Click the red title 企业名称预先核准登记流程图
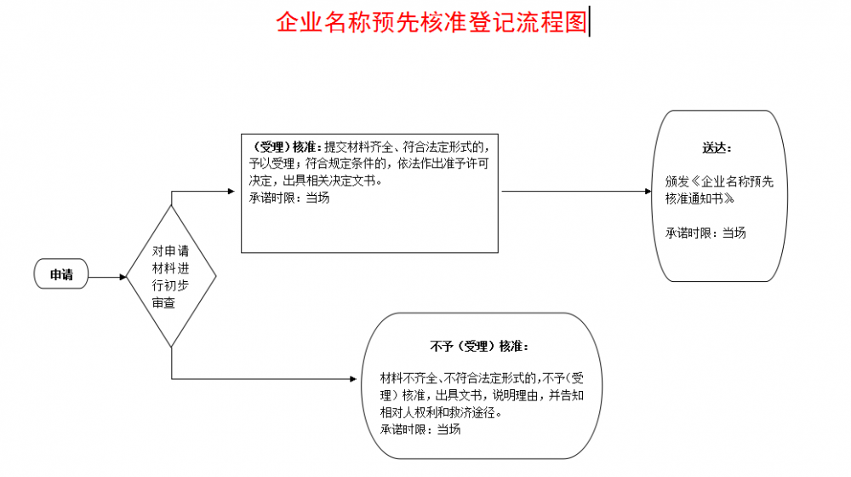[x=432, y=22]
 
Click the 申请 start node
[x=60, y=273]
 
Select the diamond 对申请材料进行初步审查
[x=172, y=276]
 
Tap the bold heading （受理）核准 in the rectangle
[x=284, y=147]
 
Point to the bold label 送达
[x=717, y=147]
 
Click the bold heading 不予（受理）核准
[x=479, y=346]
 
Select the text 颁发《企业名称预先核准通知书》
[x=719, y=190]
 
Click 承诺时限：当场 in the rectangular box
[x=289, y=198]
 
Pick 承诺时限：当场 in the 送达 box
[x=705, y=233]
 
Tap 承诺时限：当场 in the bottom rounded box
[x=420, y=429]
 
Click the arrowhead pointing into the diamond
[x=123, y=277]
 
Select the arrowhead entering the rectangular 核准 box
[x=231, y=192]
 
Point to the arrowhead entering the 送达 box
[x=648, y=192]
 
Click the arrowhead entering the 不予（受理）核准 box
[x=353, y=379]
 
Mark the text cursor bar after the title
[x=590, y=22]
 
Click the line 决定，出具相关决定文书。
[x=316, y=181]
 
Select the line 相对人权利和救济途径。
[x=441, y=412]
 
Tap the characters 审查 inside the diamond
[x=163, y=303]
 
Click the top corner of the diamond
[x=172, y=205]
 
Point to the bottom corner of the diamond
[x=172, y=348]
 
